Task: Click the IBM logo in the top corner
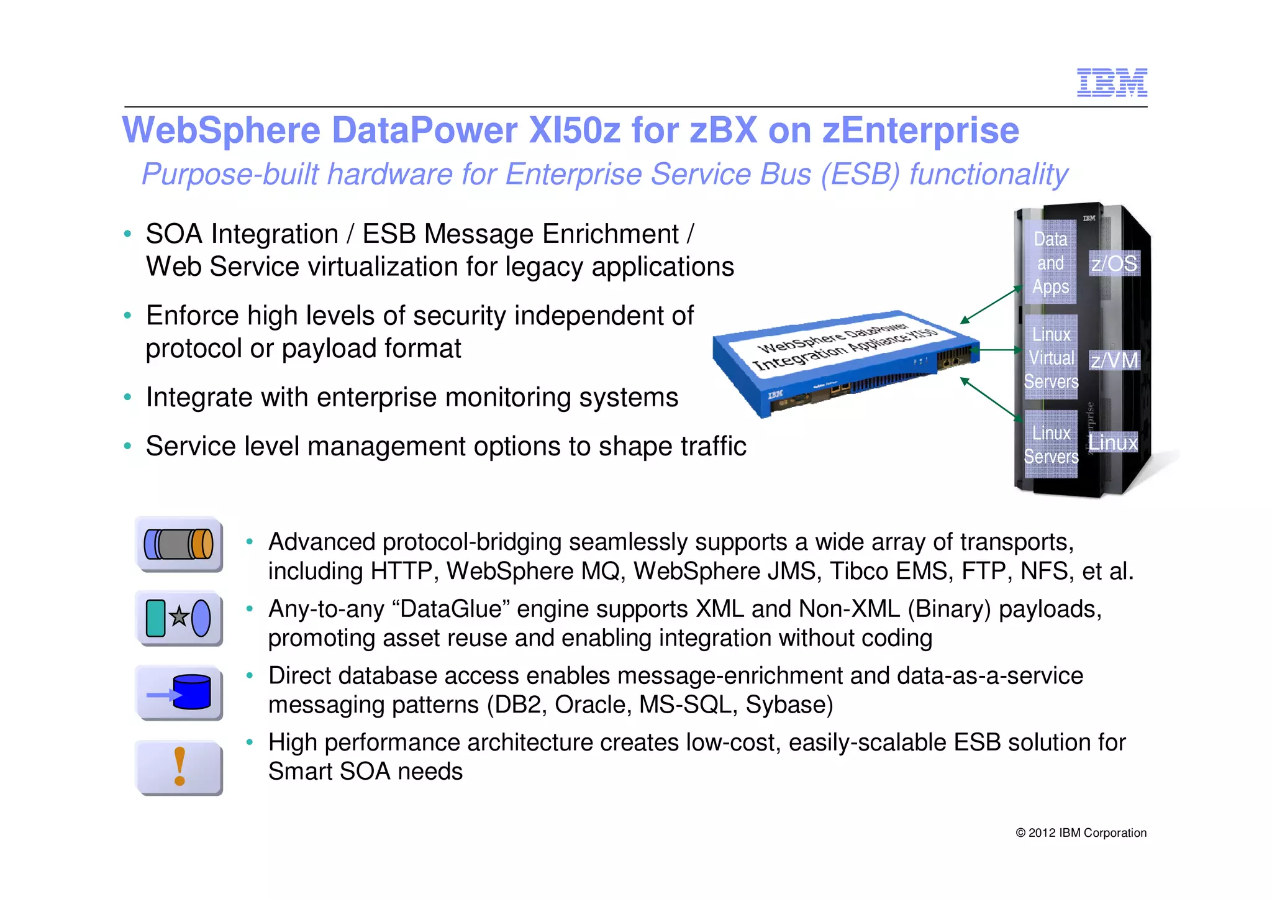point(1112,83)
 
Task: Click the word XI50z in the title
point(575,130)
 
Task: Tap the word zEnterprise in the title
point(920,130)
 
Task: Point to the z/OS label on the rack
point(1114,263)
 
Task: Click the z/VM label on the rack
point(1114,360)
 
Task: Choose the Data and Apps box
point(1050,263)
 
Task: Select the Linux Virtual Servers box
point(1051,358)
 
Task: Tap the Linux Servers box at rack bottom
point(1051,445)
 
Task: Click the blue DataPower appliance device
point(845,363)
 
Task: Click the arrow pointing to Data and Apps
point(991,304)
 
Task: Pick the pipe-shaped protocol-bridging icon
point(179,544)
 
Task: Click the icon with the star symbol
point(179,618)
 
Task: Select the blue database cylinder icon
point(179,693)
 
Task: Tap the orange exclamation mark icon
point(179,767)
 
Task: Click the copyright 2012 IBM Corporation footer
point(1081,833)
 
